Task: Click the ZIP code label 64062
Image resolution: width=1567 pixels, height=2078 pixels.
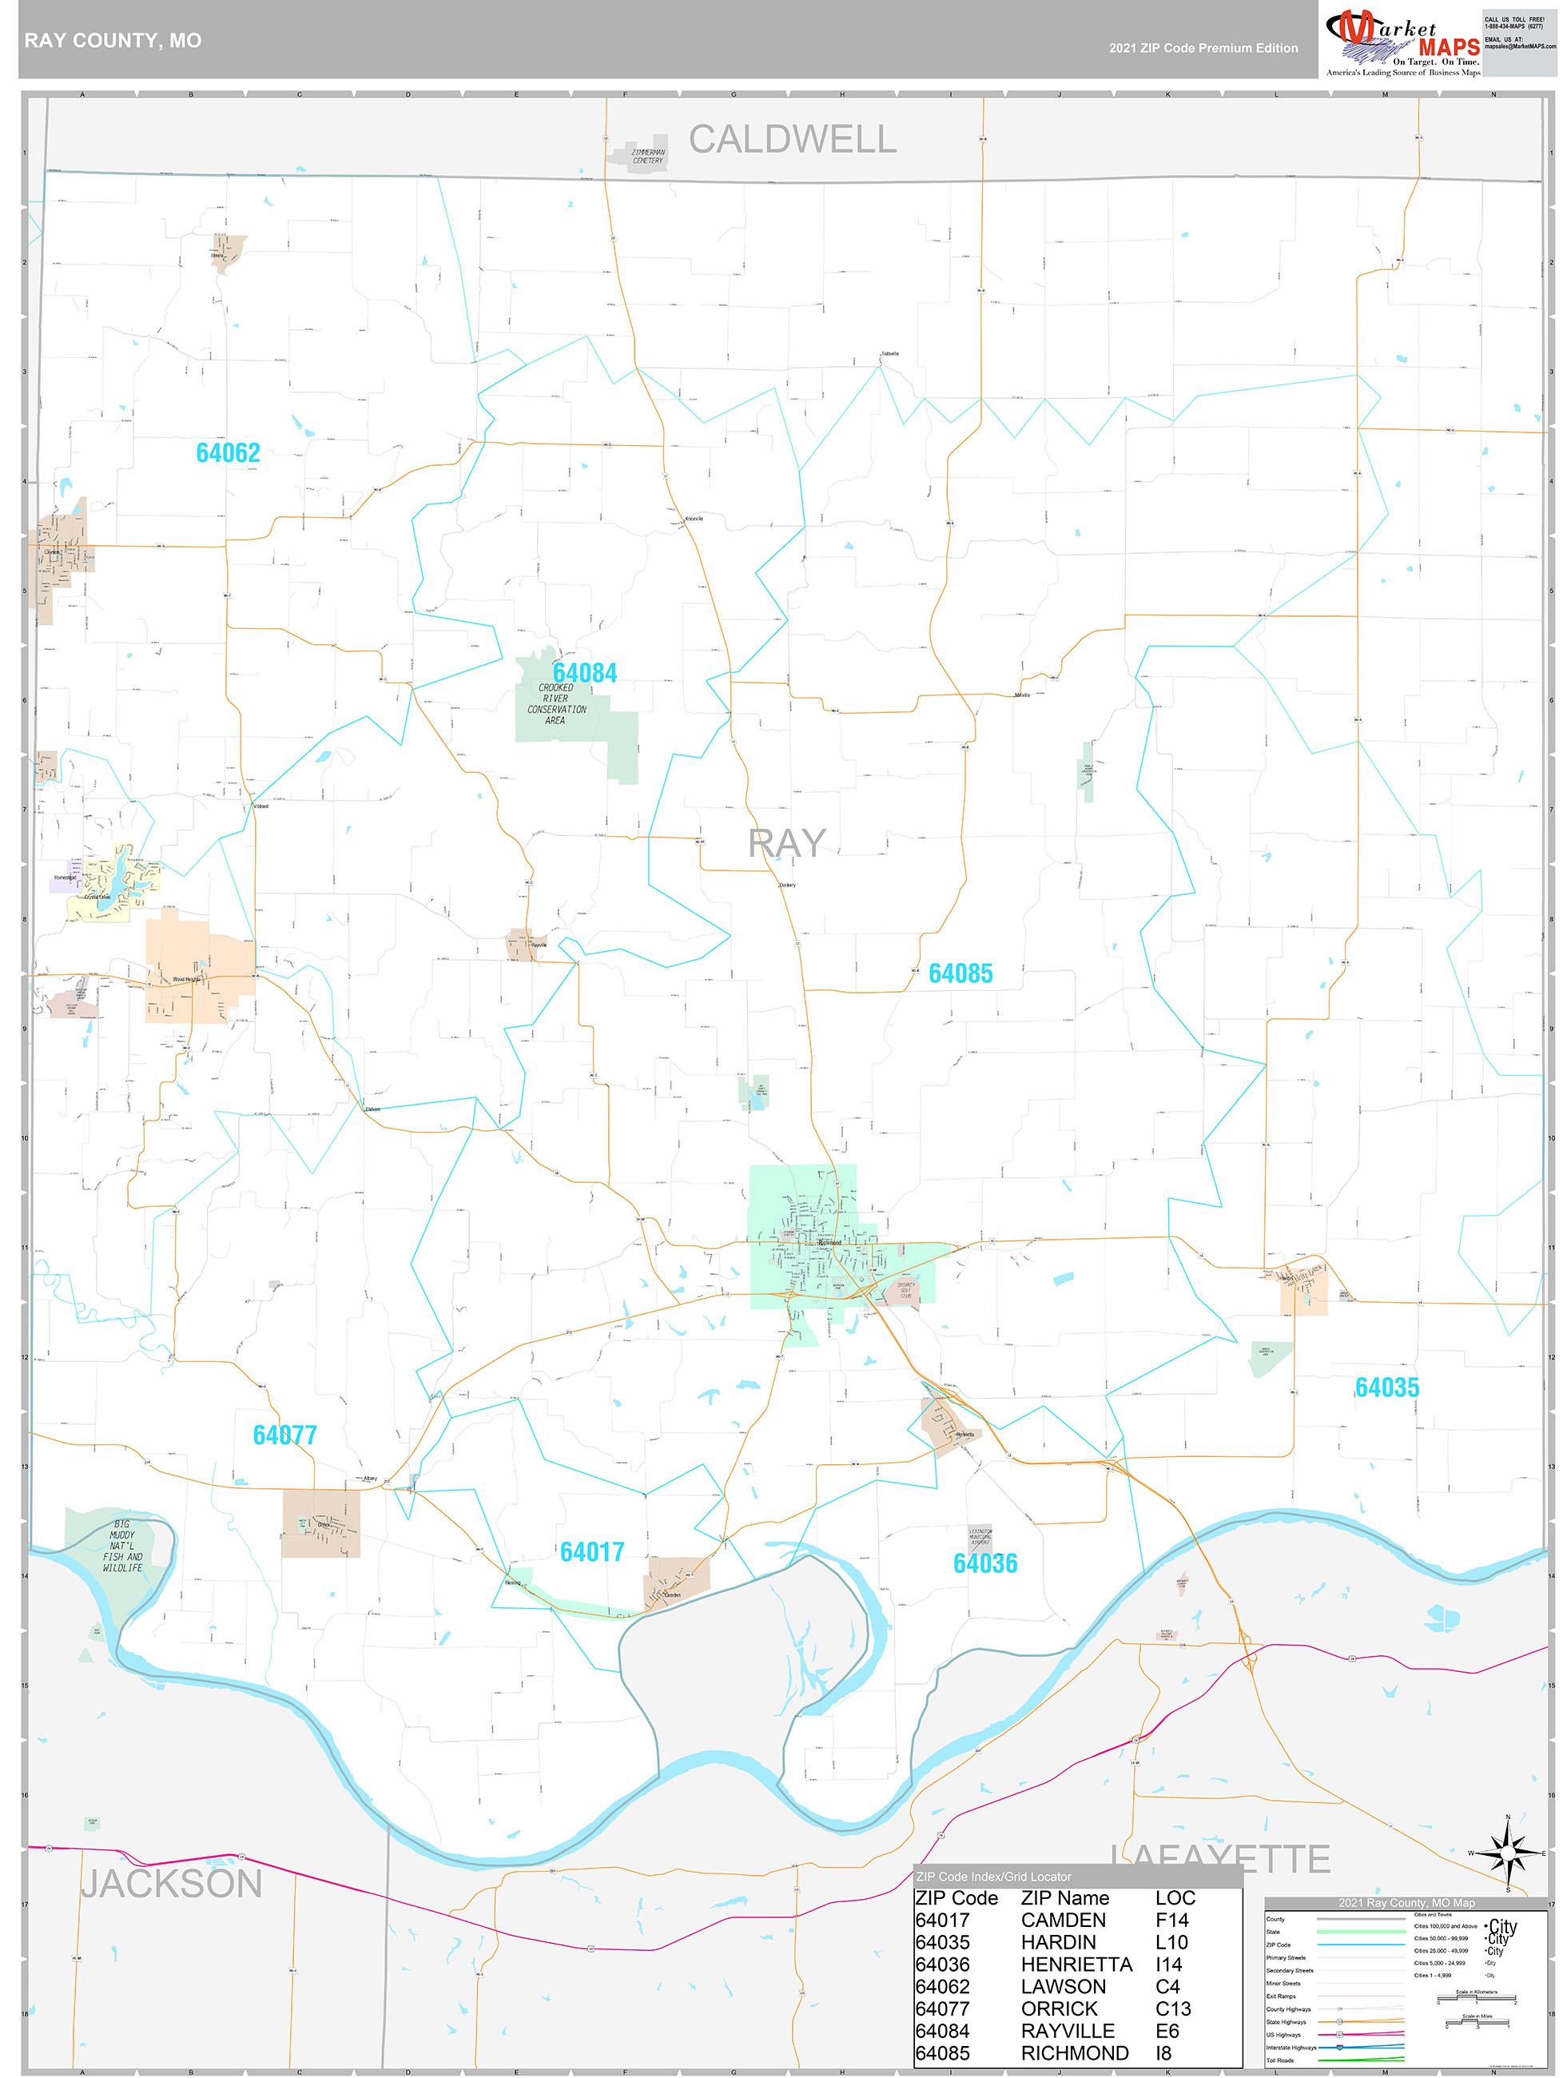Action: click(228, 453)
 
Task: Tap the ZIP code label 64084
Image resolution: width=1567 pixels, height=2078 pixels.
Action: click(584, 673)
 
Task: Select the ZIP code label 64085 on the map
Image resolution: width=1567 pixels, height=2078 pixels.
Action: click(960, 973)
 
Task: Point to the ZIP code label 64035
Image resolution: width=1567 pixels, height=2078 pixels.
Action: click(1386, 1387)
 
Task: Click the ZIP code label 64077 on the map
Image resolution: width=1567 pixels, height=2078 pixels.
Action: click(284, 1435)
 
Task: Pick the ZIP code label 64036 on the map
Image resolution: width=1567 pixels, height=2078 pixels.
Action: click(984, 1563)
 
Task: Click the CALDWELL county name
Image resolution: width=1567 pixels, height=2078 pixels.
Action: click(792, 139)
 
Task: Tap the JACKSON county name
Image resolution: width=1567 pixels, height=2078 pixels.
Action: click(171, 1884)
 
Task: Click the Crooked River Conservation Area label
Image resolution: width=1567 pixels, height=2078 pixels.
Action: click(556, 703)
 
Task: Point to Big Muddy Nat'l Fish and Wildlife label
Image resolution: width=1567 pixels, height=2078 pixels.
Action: click(122, 1546)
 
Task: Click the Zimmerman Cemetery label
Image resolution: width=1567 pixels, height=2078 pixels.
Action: click(647, 156)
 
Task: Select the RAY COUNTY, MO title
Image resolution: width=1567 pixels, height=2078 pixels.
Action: click(113, 41)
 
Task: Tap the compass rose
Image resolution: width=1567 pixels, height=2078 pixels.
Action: click(1508, 1853)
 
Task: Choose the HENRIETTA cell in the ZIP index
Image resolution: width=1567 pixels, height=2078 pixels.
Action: click(1076, 1965)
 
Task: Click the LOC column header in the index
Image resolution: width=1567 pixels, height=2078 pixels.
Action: click(1175, 1898)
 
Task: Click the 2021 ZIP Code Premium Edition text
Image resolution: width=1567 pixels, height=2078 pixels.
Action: click(1203, 48)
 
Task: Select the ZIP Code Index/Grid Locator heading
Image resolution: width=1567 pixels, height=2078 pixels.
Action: click(993, 1876)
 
